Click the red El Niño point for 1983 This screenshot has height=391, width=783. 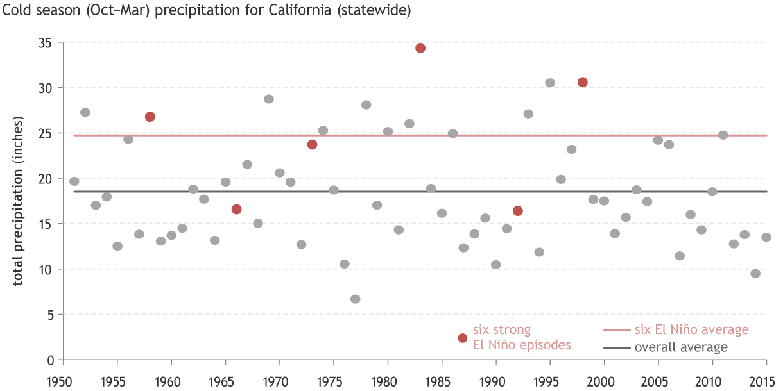[x=420, y=48]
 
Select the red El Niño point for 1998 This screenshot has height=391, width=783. [x=583, y=82]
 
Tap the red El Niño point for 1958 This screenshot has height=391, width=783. [x=150, y=117]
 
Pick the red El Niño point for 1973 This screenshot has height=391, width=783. [x=313, y=144]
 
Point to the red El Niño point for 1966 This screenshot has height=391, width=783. [x=237, y=209]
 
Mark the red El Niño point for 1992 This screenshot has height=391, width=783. [x=518, y=211]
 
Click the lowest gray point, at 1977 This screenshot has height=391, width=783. [x=356, y=299]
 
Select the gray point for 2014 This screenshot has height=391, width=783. [x=755, y=274]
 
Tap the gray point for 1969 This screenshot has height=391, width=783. [x=269, y=99]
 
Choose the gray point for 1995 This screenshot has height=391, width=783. [x=550, y=83]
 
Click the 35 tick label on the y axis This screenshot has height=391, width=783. [x=46, y=43]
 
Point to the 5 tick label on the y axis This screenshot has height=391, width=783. [x=49, y=315]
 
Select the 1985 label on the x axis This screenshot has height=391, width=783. [x=441, y=379]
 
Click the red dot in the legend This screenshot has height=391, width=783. [x=462, y=338]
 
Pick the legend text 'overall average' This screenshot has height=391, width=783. [x=681, y=348]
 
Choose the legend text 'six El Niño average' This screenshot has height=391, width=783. [x=692, y=330]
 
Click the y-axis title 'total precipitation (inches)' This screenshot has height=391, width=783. [x=19, y=201]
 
